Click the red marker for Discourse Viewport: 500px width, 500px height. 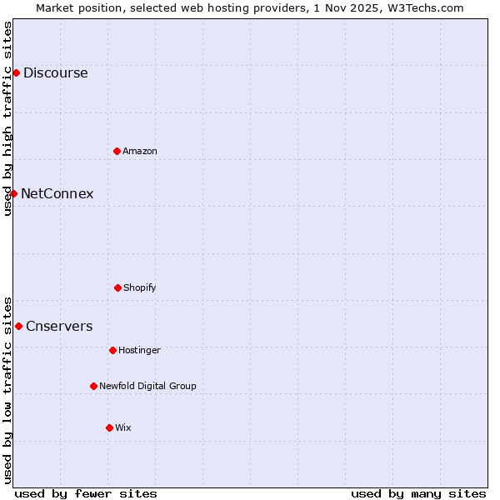pos(16,73)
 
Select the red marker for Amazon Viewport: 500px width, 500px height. pos(117,151)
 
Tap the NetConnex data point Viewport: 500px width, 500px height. pos(13,193)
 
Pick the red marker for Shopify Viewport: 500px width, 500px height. pos(117,287)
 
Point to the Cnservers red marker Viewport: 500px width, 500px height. pos(18,326)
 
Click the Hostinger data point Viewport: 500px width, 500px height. pos(112,350)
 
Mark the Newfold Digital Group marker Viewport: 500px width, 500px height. pos(93,386)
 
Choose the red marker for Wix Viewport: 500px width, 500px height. pos(109,427)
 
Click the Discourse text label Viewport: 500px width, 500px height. pos(55,73)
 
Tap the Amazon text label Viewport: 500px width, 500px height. pos(140,151)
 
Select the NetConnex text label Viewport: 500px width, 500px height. pos(57,194)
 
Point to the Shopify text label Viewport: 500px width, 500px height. pos(140,287)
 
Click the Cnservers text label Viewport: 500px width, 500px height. pos(59,327)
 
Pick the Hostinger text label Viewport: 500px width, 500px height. pos(139,350)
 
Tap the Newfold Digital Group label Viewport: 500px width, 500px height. pos(147,386)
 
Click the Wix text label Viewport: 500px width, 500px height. pos(123,427)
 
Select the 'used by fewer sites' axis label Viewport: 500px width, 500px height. pos(86,493)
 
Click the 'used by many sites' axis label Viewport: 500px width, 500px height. pos(418,493)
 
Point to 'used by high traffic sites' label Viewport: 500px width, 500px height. pos(7,118)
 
